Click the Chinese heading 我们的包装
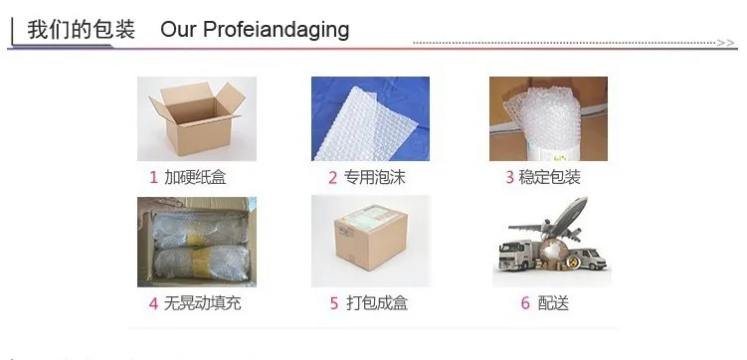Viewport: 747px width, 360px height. pos(81,30)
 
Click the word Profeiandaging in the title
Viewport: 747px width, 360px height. pos(276,30)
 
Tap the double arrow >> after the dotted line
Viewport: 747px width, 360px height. pos(725,43)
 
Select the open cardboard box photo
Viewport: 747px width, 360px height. pos(197,118)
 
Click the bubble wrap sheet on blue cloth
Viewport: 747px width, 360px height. pos(370,118)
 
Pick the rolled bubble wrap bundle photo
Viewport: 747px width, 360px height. pos(548,118)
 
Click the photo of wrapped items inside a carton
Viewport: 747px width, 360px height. pos(197,242)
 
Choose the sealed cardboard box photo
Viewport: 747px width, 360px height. pos(371,242)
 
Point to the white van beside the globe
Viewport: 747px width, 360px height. pos(589,259)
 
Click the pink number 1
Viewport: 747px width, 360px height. pos(153,178)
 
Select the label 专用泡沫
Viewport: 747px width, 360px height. pos(374,178)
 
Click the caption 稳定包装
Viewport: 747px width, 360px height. pos(549,178)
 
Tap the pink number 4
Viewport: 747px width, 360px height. pos(153,303)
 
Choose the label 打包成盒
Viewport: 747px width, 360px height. pos(377,303)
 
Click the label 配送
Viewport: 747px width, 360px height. pos(553,303)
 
